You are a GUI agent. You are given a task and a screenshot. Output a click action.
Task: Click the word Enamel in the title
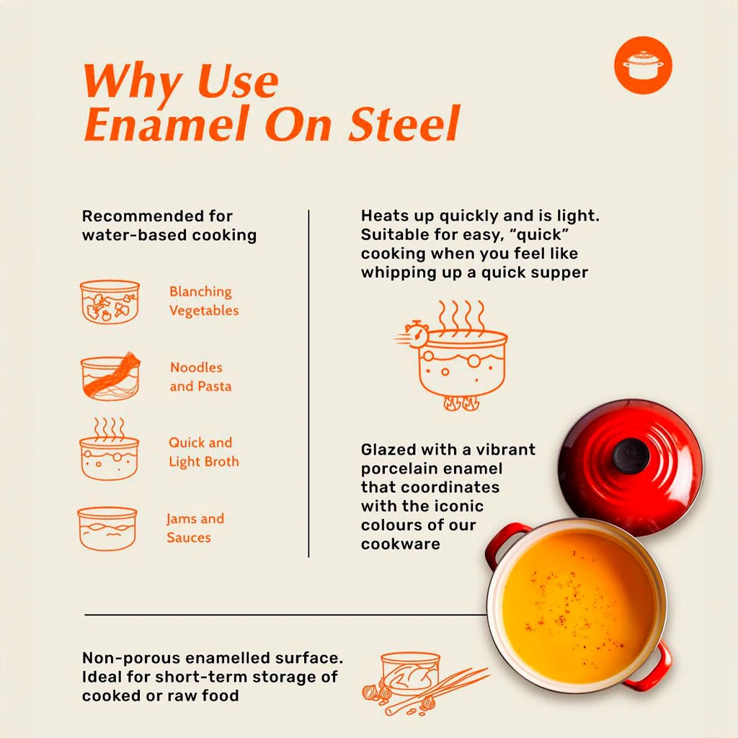(x=166, y=123)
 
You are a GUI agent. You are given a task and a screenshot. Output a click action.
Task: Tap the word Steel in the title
(x=404, y=123)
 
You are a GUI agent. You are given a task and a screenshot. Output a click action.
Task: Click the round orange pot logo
(x=643, y=65)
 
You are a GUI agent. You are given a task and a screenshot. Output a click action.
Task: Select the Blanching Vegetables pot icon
(x=110, y=302)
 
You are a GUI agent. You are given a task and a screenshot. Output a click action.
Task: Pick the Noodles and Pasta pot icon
(x=110, y=376)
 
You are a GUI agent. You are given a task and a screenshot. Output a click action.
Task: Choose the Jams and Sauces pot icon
(x=107, y=528)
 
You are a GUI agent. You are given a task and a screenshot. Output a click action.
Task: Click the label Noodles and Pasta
(x=200, y=376)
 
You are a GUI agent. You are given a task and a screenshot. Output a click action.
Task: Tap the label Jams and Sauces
(x=195, y=528)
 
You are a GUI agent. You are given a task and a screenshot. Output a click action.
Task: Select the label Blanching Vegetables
(x=204, y=301)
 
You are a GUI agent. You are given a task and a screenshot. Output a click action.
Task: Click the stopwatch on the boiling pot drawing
(x=416, y=334)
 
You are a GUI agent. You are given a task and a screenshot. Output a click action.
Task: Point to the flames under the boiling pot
(x=462, y=403)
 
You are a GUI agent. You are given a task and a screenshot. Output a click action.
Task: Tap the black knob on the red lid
(x=631, y=455)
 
